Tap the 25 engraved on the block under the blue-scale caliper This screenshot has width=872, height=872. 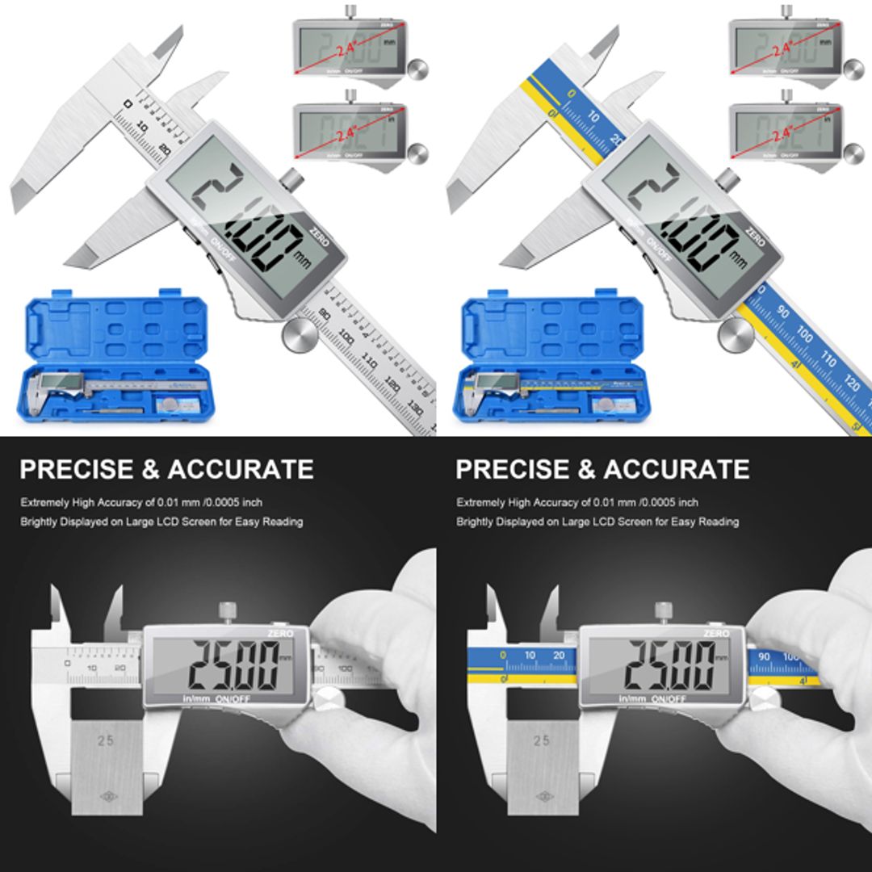[542, 740]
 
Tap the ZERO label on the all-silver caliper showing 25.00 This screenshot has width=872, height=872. [281, 635]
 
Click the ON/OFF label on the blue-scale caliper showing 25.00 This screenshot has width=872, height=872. [669, 698]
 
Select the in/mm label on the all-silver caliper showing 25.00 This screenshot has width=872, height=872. [193, 698]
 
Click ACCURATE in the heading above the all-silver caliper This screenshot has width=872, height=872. [241, 469]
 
